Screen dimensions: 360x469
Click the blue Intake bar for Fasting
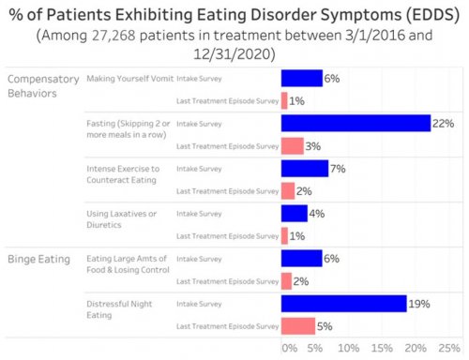356,124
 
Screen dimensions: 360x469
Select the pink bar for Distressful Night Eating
298,326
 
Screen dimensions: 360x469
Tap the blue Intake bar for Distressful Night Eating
343,304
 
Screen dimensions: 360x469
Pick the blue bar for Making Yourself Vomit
301,79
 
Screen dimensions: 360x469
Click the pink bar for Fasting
292,146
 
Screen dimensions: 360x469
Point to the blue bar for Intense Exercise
304,169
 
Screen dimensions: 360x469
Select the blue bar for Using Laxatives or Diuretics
295,214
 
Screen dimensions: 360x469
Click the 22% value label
444,124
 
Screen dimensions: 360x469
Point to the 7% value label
339,169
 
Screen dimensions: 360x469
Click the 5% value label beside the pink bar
325,326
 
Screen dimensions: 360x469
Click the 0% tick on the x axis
288,348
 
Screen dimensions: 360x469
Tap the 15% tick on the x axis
384,348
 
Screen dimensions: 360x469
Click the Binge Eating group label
39,259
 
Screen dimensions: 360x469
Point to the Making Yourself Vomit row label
127,79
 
